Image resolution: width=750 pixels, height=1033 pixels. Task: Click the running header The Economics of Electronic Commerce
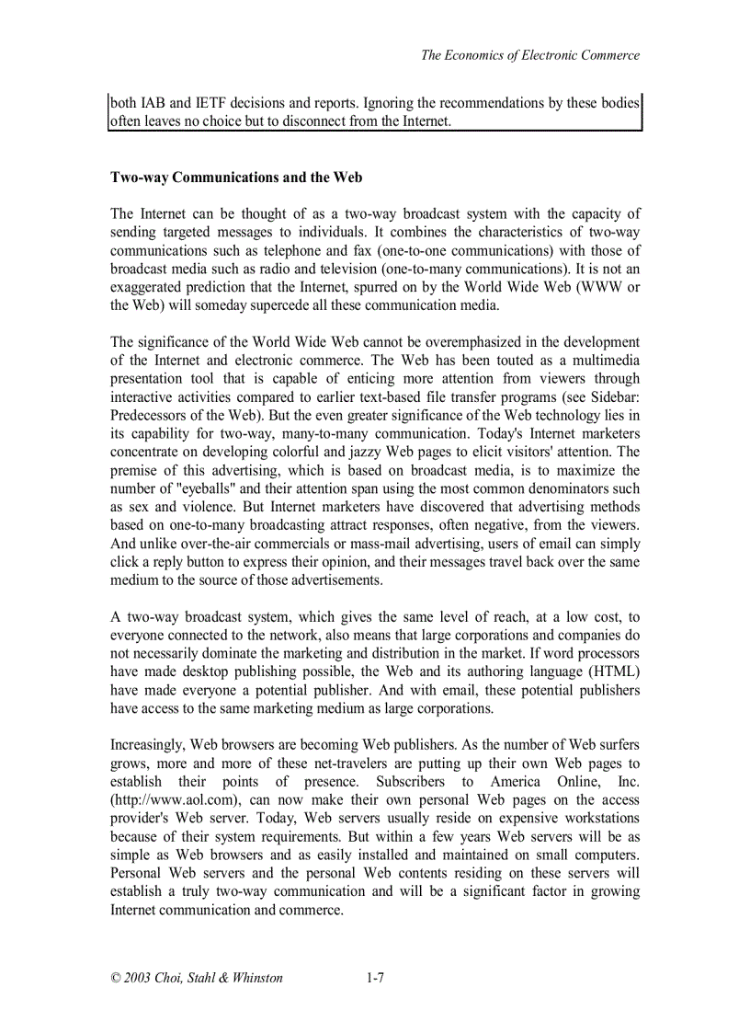tap(529, 55)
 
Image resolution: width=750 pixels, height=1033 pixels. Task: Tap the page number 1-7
tap(374, 978)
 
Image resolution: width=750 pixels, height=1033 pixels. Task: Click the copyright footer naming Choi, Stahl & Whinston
tap(197, 978)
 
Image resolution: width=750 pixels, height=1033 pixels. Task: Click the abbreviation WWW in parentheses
tap(601, 287)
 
